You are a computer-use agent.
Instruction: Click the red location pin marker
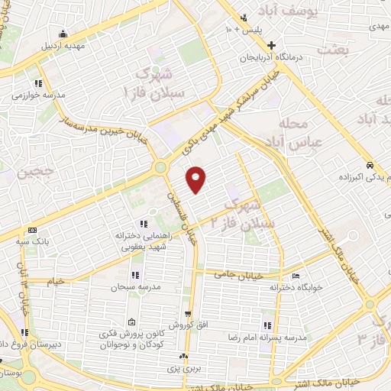[x=197, y=179]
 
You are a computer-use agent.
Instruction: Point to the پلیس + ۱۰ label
[x=248, y=27]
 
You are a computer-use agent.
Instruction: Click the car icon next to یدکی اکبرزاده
[x=369, y=165]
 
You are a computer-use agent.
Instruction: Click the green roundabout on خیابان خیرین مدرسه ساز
[x=161, y=167]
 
